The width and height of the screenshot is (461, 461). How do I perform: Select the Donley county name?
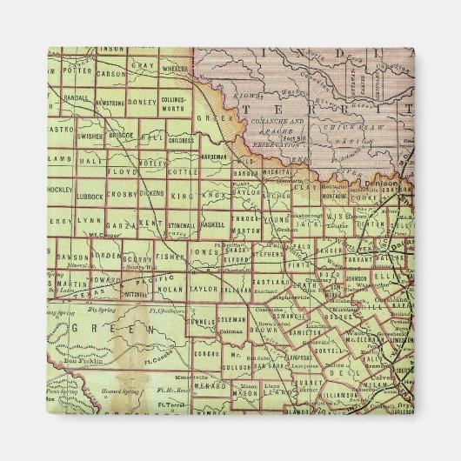142,101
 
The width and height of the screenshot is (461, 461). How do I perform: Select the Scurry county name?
137,259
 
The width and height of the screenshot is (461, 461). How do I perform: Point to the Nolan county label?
170,288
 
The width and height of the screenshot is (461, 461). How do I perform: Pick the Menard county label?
210,385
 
